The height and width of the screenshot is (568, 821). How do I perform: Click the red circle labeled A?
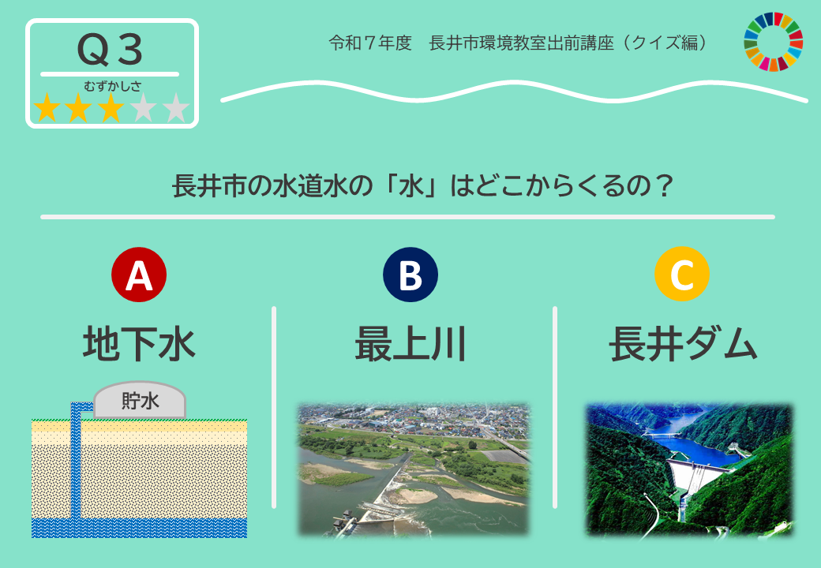139,275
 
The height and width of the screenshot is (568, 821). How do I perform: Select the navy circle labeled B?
410,275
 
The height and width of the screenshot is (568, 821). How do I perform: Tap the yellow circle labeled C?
682,274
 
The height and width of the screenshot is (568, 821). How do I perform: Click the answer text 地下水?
139,344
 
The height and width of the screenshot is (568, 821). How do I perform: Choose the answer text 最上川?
410,344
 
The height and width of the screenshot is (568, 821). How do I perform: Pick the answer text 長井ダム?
683,344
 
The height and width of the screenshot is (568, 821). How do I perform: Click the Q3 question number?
110,50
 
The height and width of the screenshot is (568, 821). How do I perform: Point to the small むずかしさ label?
113,86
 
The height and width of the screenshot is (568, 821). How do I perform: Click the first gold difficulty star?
47,108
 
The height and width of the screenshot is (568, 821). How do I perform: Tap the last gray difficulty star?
176,108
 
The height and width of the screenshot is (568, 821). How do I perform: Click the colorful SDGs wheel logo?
774,42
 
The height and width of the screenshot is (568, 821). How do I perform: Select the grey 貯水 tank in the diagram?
140,400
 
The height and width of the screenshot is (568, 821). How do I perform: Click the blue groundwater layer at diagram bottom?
139,529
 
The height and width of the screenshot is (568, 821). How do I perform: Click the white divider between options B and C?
555,407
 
